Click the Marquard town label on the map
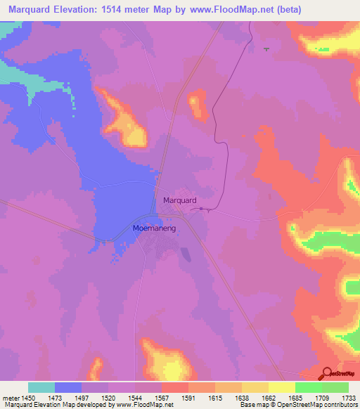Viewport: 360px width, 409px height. pos(179,200)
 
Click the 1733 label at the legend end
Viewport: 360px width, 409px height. pos(349,397)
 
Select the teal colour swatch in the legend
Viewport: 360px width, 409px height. pos(41,387)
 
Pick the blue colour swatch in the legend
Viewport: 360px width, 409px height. pos(68,387)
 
